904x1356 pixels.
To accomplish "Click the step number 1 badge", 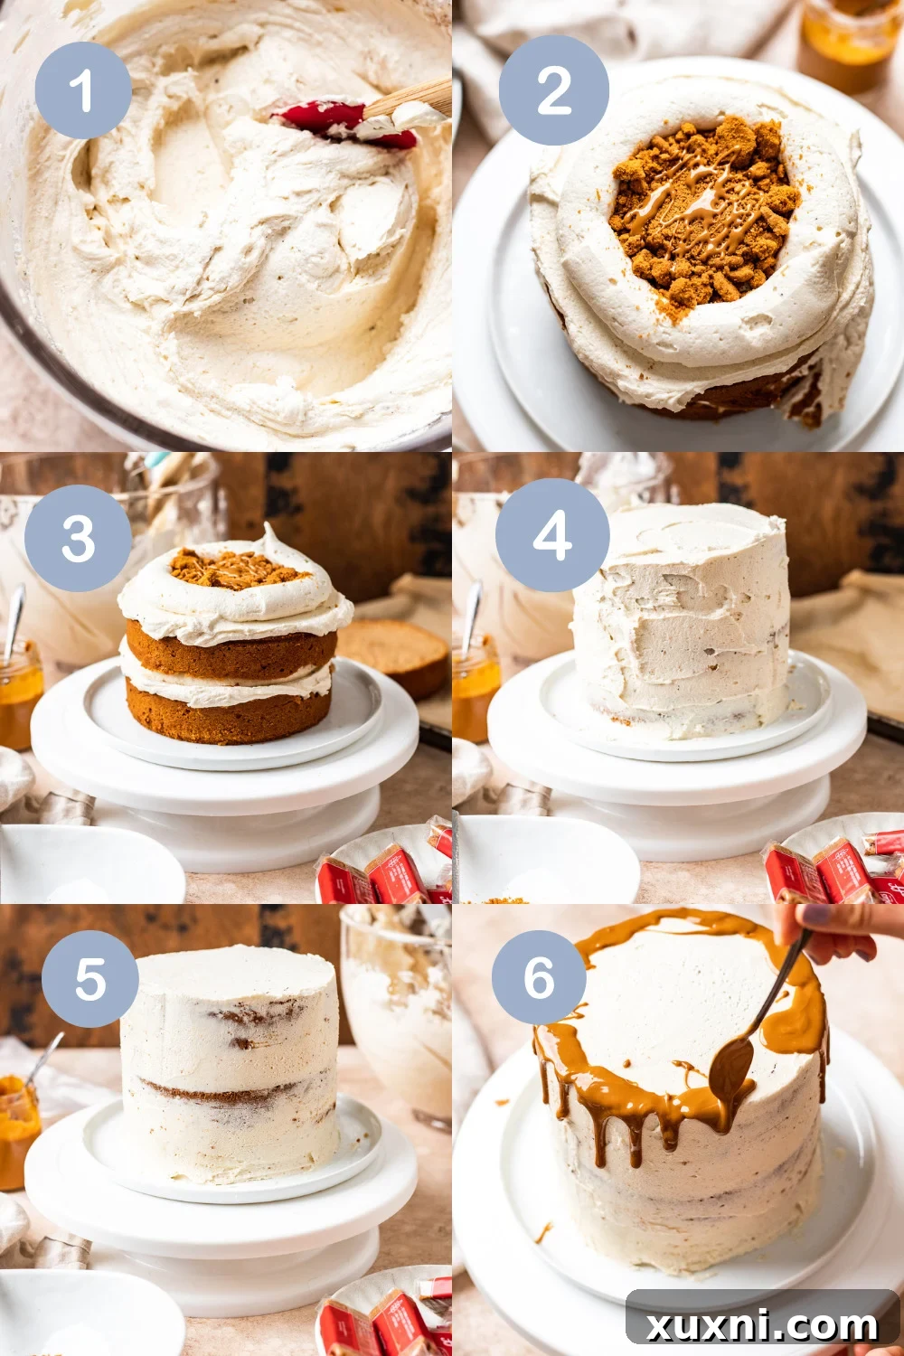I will click(83, 90).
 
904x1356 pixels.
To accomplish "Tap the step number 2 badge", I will click(553, 90).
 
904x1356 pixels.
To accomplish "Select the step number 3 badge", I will click(79, 539).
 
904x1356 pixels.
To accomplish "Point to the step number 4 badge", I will click(551, 534).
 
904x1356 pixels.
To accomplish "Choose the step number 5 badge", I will click(89, 979).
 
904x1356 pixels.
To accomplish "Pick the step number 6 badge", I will click(539, 978).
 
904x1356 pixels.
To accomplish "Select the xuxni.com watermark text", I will click(761, 1325).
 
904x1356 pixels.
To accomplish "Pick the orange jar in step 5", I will click(18, 1130).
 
